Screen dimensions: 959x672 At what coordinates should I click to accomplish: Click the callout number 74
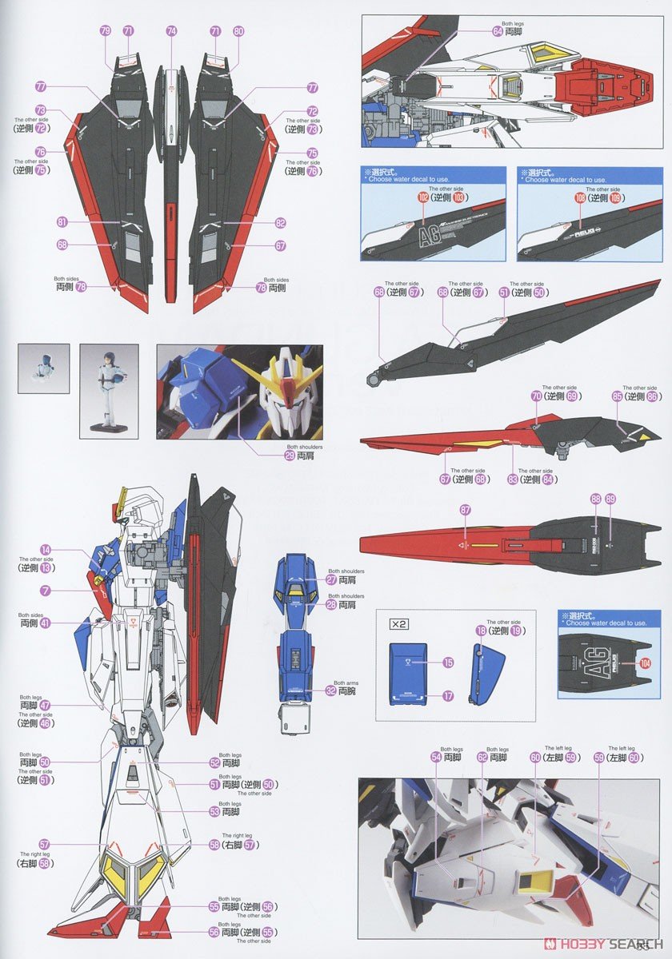[x=171, y=30]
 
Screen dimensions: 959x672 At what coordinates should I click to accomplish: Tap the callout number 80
[x=238, y=30]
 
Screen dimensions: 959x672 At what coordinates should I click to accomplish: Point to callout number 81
[x=62, y=223]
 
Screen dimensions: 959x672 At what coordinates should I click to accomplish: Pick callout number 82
[x=280, y=224]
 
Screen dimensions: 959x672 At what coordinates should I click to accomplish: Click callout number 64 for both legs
[x=498, y=31]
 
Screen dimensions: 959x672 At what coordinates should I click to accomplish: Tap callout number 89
[x=611, y=499]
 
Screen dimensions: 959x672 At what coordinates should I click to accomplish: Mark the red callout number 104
[x=646, y=663]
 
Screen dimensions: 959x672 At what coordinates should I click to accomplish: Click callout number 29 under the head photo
[x=290, y=456]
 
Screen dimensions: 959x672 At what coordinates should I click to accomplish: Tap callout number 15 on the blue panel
[x=448, y=663]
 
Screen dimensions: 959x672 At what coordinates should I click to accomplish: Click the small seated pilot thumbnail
[x=43, y=368]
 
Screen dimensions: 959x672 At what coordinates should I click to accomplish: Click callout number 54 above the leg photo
[x=436, y=757]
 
